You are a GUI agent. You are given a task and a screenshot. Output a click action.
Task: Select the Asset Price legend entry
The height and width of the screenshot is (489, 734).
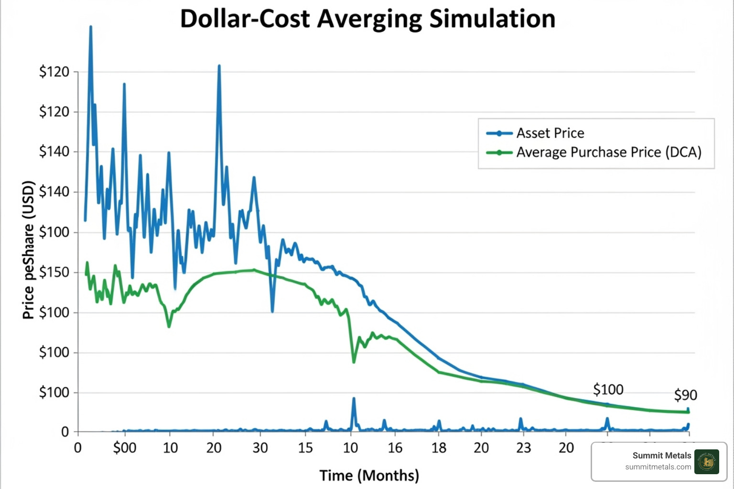pos(550,133)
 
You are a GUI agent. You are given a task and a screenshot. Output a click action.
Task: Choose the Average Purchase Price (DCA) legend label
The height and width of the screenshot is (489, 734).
pos(608,152)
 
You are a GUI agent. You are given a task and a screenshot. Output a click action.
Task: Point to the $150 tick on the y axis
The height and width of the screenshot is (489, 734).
pos(54,272)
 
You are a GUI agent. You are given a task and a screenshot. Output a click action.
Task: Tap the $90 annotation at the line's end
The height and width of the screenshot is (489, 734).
pos(685,395)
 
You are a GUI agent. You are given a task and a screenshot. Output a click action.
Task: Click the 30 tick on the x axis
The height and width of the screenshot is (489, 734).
pos(260,448)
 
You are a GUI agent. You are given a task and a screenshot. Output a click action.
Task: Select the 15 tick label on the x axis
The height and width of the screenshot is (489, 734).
pos(305,448)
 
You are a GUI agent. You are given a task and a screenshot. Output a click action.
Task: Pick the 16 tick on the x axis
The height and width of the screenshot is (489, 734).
pos(395,448)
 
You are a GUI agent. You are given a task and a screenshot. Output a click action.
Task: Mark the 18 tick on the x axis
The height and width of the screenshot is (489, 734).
pos(439,448)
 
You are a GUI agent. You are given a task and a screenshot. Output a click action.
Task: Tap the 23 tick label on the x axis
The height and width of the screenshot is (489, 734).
pos(523,448)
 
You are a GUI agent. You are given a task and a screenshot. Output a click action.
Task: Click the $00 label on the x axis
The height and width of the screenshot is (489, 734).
pos(125,448)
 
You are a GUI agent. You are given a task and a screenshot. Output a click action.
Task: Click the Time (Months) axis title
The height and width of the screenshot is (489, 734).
pos(369,476)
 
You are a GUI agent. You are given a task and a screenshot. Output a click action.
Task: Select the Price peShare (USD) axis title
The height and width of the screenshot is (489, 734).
pos(29,250)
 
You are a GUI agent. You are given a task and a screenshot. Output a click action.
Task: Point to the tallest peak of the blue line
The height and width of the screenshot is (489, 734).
pos(90,28)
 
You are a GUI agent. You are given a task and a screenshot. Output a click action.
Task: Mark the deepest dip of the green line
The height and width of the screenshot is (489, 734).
pos(354,361)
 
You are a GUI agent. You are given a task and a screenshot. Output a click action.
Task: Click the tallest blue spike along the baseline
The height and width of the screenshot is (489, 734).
pos(354,399)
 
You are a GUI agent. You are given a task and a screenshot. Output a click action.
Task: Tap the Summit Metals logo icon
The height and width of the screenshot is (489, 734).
pos(706,462)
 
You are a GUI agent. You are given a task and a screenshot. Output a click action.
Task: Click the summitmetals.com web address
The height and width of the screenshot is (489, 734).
pos(658,467)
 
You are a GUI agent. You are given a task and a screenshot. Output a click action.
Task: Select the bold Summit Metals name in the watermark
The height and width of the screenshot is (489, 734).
pos(661,456)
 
